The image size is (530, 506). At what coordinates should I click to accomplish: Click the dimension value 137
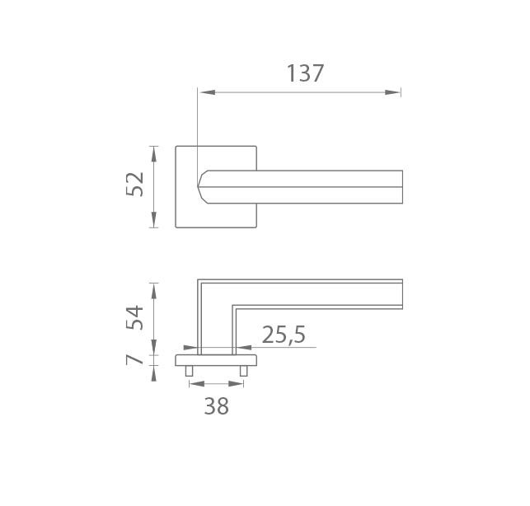coord(305,73)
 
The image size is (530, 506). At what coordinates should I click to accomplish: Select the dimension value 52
coord(134,185)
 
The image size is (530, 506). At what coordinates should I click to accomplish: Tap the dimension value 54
coord(134,317)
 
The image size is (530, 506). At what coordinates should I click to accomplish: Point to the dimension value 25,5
coord(284,335)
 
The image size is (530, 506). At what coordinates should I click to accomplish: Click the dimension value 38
coord(216,406)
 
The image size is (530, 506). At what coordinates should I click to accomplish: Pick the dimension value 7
coord(134,360)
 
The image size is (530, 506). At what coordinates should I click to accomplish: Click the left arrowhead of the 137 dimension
coord(207,92)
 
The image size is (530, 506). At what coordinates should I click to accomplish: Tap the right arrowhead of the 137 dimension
coord(393,92)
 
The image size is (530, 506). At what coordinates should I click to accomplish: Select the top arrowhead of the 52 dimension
coord(154,154)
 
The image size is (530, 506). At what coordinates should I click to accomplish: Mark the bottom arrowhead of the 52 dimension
coord(154,220)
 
